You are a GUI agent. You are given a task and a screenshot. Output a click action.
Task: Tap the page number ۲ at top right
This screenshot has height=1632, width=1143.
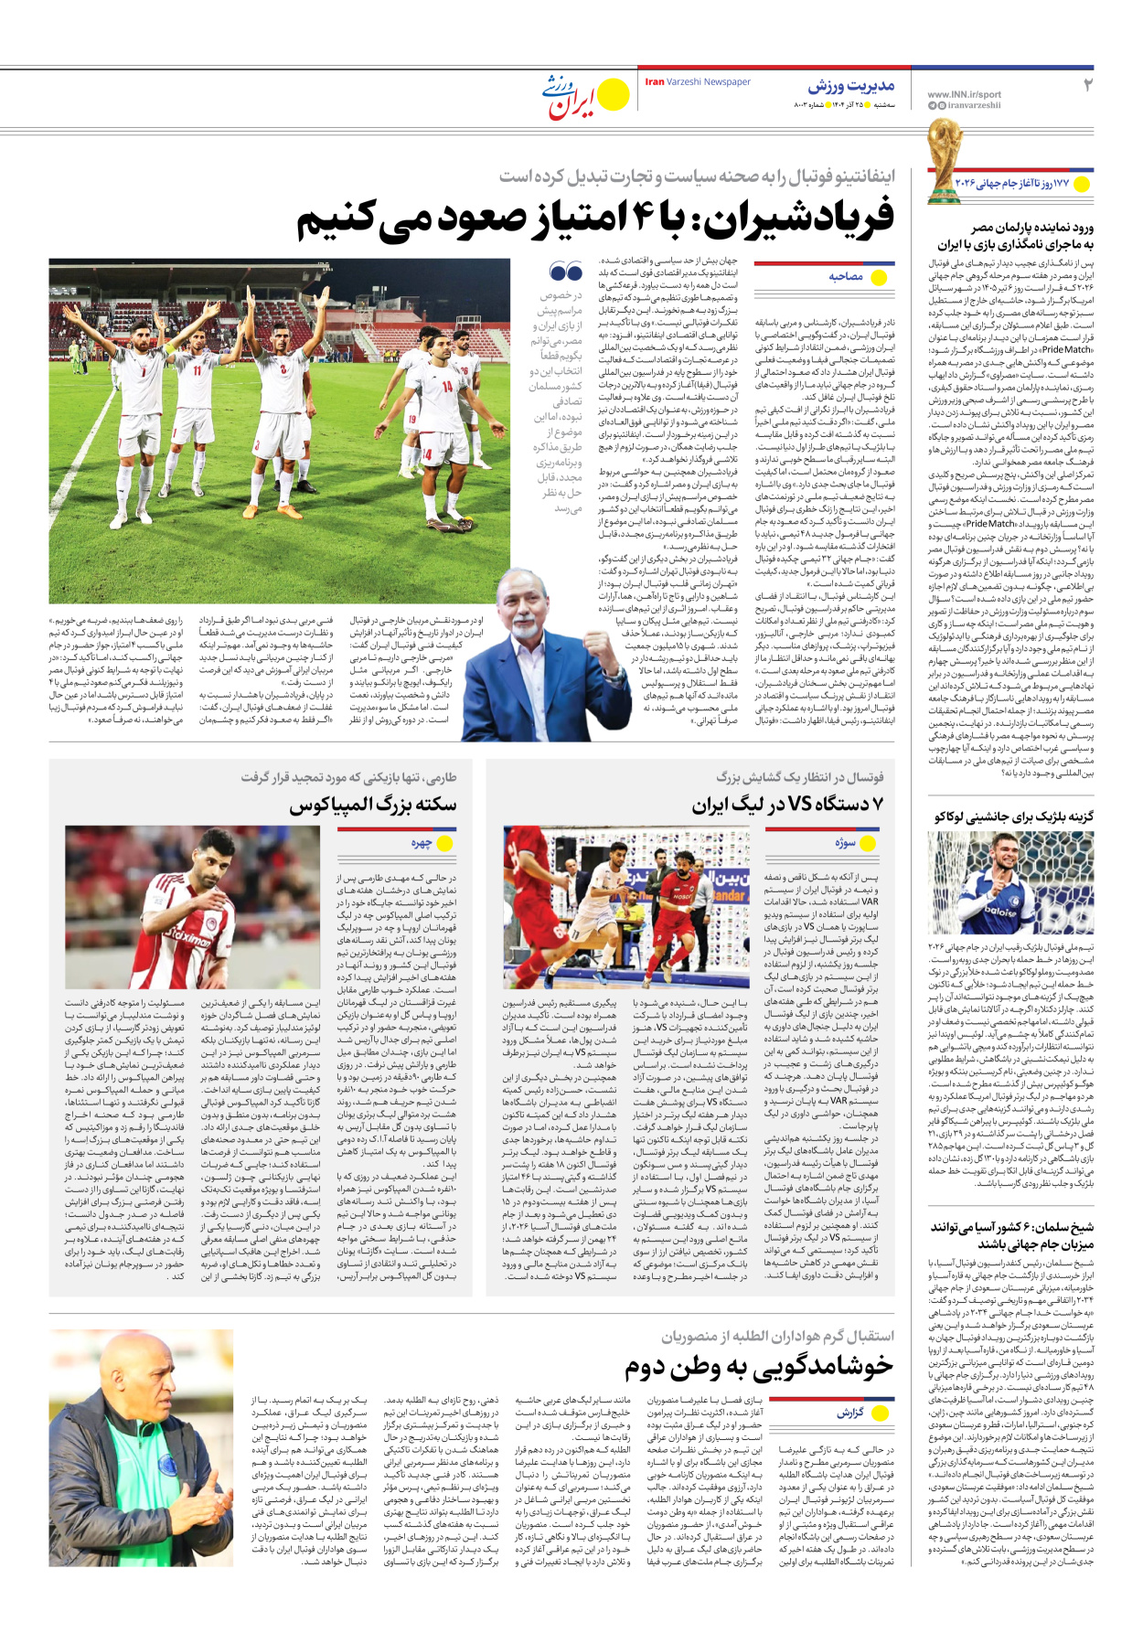[x=1087, y=86]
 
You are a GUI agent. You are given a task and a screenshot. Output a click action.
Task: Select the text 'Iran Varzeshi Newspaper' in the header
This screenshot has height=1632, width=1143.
[x=698, y=82]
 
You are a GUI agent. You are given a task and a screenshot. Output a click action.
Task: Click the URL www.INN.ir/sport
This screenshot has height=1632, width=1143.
[x=964, y=94]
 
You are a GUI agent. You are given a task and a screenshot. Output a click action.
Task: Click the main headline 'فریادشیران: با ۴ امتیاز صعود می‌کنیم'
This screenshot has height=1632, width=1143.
[x=595, y=219]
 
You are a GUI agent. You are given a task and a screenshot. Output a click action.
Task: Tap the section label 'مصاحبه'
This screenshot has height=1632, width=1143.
[x=846, y=276]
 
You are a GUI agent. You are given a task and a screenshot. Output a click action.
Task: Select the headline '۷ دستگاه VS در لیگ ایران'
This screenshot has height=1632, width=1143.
[x=787, y=805]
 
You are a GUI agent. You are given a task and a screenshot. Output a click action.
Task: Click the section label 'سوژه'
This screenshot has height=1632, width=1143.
[x=845, y=842]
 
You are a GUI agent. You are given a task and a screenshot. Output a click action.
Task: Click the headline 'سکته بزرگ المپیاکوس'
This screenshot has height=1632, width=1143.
[x=372, y=805]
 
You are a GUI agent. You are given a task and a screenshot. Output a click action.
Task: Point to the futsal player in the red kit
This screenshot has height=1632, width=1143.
[x=678, y=914]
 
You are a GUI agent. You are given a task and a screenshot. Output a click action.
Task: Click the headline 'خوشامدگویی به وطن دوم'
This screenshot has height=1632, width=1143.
[x=758, y=1367]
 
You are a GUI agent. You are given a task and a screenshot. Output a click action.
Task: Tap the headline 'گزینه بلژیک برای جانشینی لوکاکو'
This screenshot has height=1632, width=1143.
[x=1013, y=816]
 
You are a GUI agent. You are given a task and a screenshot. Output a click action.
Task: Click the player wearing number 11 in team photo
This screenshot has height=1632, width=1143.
[x=196, y=375]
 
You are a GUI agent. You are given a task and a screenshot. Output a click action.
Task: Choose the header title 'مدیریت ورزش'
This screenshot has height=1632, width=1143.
[x=850, y=86]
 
